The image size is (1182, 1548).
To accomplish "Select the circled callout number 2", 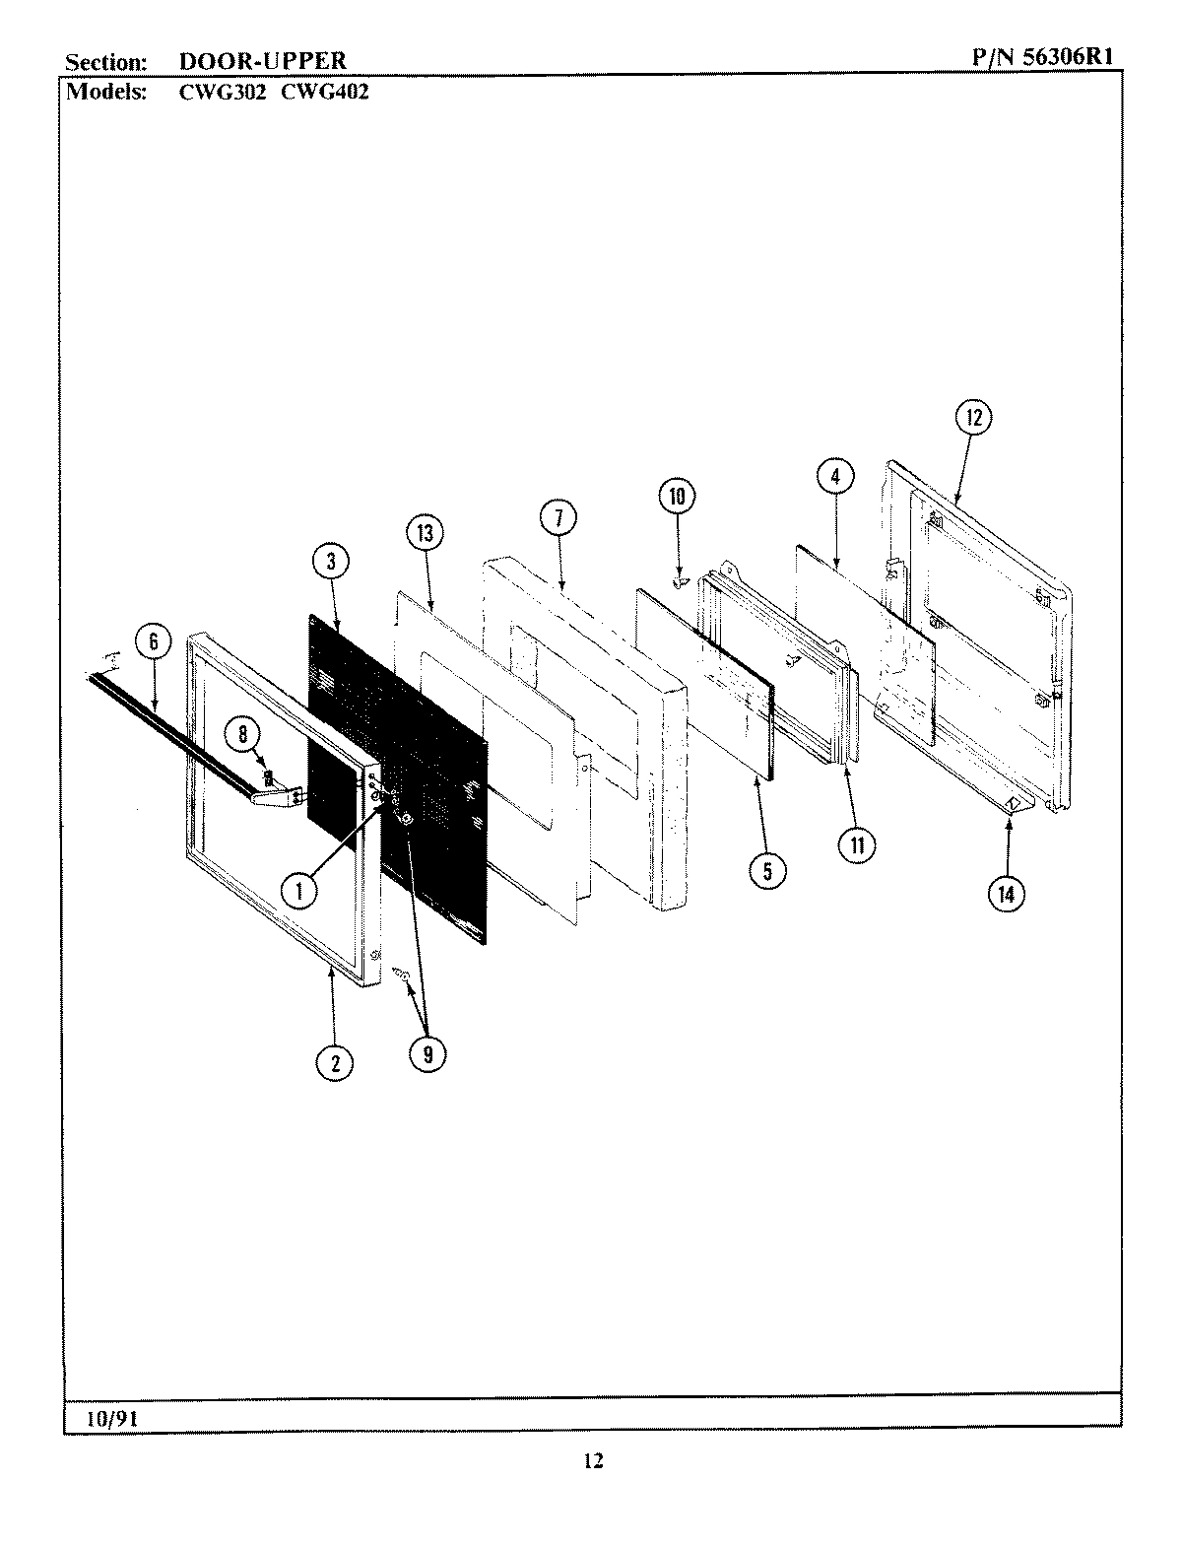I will click(335, 1062).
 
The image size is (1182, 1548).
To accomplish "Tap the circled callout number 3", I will click(331, 562).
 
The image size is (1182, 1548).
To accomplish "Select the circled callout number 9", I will click(427, 1054).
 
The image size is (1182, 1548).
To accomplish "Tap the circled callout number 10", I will click(677, 497).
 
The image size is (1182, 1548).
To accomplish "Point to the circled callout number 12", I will click(973, 418).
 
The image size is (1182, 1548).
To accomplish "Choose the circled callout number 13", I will click(424, 534).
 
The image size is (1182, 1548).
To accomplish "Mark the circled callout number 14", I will click(1007, 893).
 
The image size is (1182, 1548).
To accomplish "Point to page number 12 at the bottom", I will click(591, 1461).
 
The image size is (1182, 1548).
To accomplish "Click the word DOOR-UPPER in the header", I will click(262, 61).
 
